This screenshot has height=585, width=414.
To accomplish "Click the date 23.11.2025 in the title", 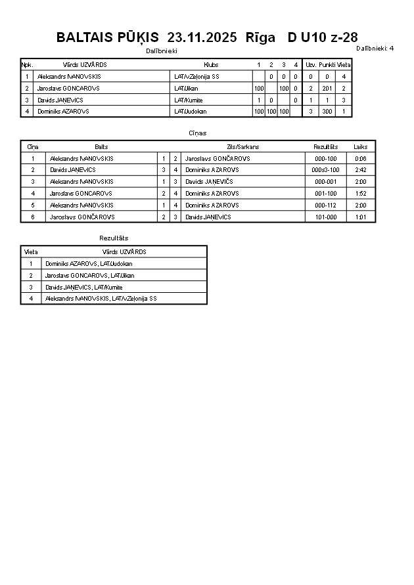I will [x=202, y=37].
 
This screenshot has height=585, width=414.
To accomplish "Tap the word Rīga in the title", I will [x=260, y=37].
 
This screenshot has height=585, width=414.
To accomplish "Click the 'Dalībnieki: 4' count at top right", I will [x=375, y=48].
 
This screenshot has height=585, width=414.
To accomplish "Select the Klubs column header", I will [x=211, y=65].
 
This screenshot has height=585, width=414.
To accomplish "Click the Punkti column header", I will [x=327, y=65].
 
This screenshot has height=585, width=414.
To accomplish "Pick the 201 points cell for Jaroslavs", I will [x=327, y=89].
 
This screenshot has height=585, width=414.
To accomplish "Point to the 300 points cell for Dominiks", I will [x=327, y=112].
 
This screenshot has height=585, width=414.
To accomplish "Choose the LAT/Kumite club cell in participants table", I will [x=189, y=100].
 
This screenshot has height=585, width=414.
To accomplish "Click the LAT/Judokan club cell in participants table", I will [x=191, y=112].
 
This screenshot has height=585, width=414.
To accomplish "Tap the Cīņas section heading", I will [x=198, y=133].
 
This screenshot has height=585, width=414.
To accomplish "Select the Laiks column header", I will [x=360, y=146].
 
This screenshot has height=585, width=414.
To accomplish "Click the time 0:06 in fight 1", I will [x=360, y=158].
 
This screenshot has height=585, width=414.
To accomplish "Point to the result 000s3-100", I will [x=325, y=170].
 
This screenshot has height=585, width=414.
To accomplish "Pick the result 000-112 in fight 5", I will [x=325, y=205].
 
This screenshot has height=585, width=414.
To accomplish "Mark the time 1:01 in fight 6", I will [x=360, y=217].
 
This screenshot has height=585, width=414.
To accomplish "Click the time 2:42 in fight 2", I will [x=360, y=170].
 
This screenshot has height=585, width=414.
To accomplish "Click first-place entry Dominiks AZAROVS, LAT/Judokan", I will [x=89, y=263].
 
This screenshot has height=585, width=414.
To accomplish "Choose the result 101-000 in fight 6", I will [x=325, y=217].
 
